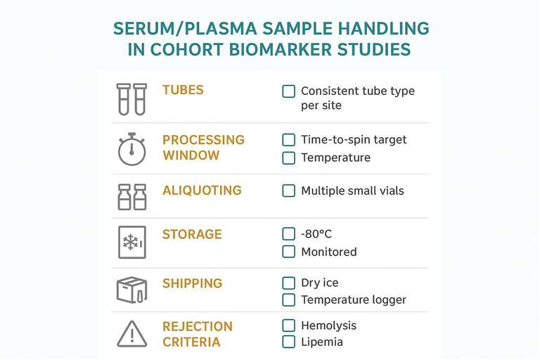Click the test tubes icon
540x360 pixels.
pyautogui.click(x=131, y=99)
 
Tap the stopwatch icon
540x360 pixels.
pyautogui.click(x=131, y=149)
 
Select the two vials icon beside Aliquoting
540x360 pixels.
pyautogui.click(x=131, y=197)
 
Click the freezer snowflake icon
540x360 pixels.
pyautogui.click(x=131, y=243)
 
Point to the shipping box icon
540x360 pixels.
pyautogui.click(x=131, y=290)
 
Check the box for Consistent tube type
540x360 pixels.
pyautogui.click(x=288, y=91)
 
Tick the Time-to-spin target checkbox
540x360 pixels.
pyautogui.click(x=288, y=140)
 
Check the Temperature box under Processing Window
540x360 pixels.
pyautogui.click(x=288, y=157)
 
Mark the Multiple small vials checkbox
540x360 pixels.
pyautogui.click(x=288, y=191)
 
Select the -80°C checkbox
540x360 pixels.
pyautogui.click(x=288, y=234)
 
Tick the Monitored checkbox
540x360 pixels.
pyautogui.click(x=288, y=252)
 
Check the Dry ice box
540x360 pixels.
pyautogui.click(x=288, y=283)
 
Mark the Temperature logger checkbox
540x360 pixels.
pyautogui.click(x=288, y=300)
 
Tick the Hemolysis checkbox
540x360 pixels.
pyautogui.click(x=288, y=326)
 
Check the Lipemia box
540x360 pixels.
pyautogui.click(x=288, y=342)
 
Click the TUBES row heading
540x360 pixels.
pyautogui.click(x=183, y=90)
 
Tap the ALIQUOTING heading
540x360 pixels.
pyautogui.click(x=202, y=191)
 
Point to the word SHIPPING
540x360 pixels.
pyautogui.click(x=192, y=283)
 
